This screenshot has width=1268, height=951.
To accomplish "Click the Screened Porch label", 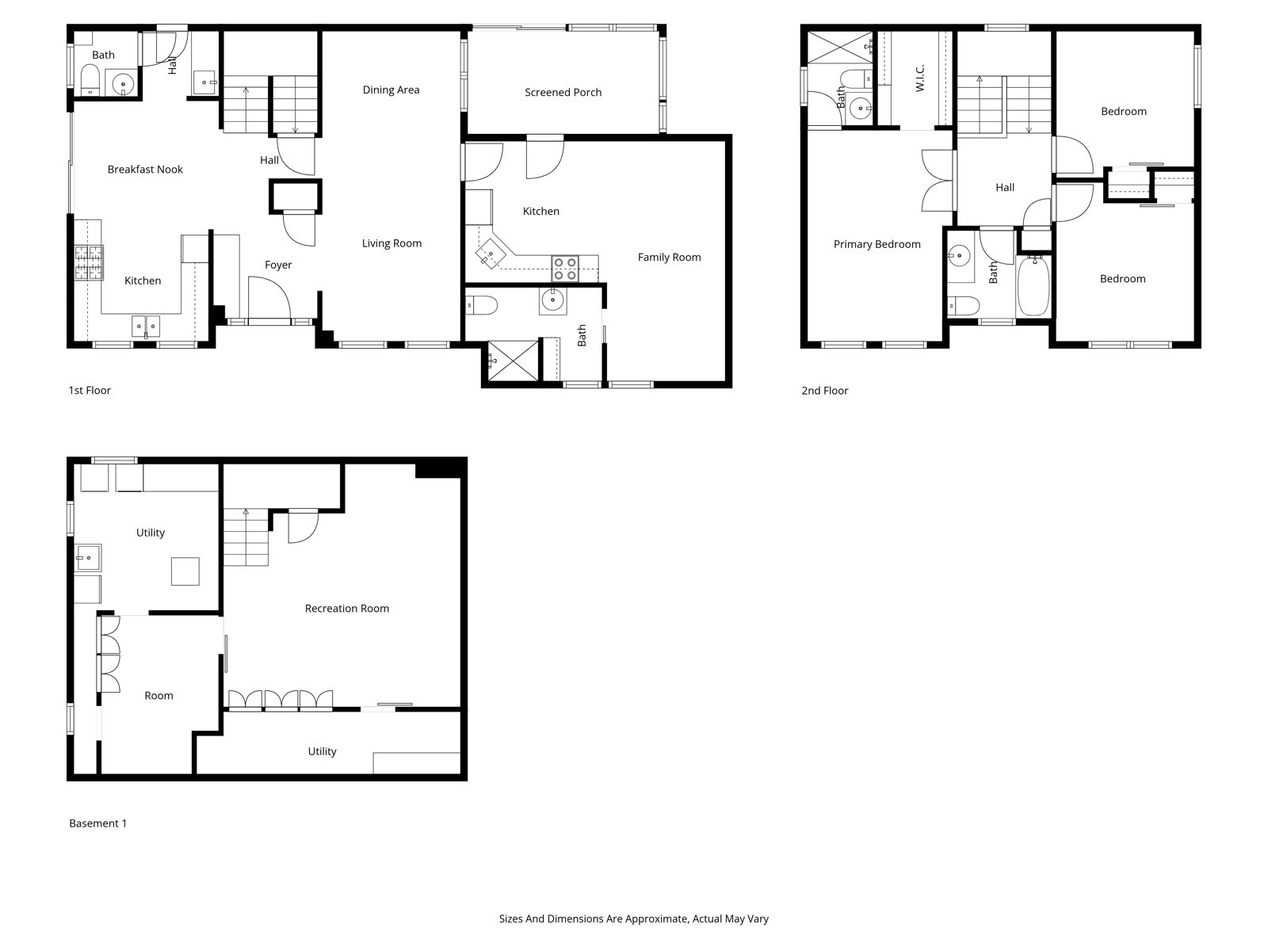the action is tap(563, 93).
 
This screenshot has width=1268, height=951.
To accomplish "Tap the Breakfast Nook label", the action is tap(145, 169).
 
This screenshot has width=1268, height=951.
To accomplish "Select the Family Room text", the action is tap(669, 258).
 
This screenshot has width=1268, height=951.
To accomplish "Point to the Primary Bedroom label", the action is tap(877, 244).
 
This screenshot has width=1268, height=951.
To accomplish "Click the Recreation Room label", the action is tap(346, 608).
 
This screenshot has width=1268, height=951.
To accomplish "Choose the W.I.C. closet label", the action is tap(919, 78).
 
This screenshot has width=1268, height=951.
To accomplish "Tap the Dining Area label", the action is tap(391, 90).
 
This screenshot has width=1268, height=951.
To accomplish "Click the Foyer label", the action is tap(278, 265).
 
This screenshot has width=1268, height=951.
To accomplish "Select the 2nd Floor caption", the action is tap(824, 391).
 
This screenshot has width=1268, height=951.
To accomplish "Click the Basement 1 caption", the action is tap(97, 823).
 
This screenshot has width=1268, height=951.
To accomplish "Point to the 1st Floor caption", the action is tap(90, 391).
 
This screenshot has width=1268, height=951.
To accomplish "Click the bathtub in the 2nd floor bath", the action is tap(1033, 286).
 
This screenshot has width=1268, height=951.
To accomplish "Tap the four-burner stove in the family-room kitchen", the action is tap(565, 269).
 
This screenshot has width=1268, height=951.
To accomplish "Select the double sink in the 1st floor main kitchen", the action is tap(146, 326).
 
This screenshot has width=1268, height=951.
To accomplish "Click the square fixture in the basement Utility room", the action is tap(185, 571).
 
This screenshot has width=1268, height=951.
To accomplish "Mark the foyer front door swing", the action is tap(269, 297).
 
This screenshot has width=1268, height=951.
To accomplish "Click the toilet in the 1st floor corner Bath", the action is tap(90, 79).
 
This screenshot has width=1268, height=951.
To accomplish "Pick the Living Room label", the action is tap(391, 243).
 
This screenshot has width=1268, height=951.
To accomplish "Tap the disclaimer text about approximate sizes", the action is tap(634, 919).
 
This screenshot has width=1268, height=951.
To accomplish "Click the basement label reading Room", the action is tap(158, 696).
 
